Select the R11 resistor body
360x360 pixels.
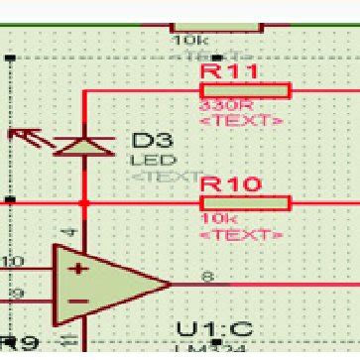245,91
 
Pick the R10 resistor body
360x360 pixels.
245,203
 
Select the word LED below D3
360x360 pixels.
146,160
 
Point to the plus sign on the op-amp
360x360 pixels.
75,269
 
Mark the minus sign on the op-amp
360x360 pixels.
75,300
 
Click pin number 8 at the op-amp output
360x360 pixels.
206,277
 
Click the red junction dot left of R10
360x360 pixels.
83,203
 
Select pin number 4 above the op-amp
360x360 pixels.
69,233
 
